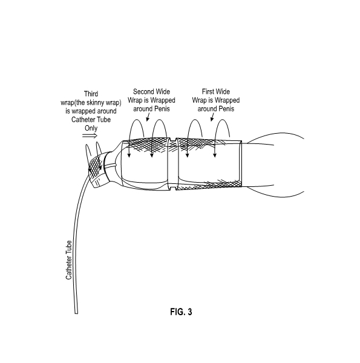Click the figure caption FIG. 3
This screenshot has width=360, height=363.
coord(181,312)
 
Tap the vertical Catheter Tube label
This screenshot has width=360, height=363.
coord(69,260)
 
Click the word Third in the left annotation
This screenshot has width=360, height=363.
coord(91,94)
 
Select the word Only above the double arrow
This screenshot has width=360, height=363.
coord(91,128)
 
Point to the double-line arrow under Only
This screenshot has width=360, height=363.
coord(90,136)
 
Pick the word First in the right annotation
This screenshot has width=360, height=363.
coord(209,92)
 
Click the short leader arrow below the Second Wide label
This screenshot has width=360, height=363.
coord(148,117)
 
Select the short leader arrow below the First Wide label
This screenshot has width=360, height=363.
coord(212,117)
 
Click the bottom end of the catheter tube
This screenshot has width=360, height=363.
coord(76,313)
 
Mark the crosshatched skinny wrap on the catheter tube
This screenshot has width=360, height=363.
coord(96,166)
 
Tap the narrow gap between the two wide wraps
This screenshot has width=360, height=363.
coord(172,165)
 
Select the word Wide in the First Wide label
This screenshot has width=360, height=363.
coord(223,92)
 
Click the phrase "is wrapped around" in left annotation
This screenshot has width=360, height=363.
coord(91,111)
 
